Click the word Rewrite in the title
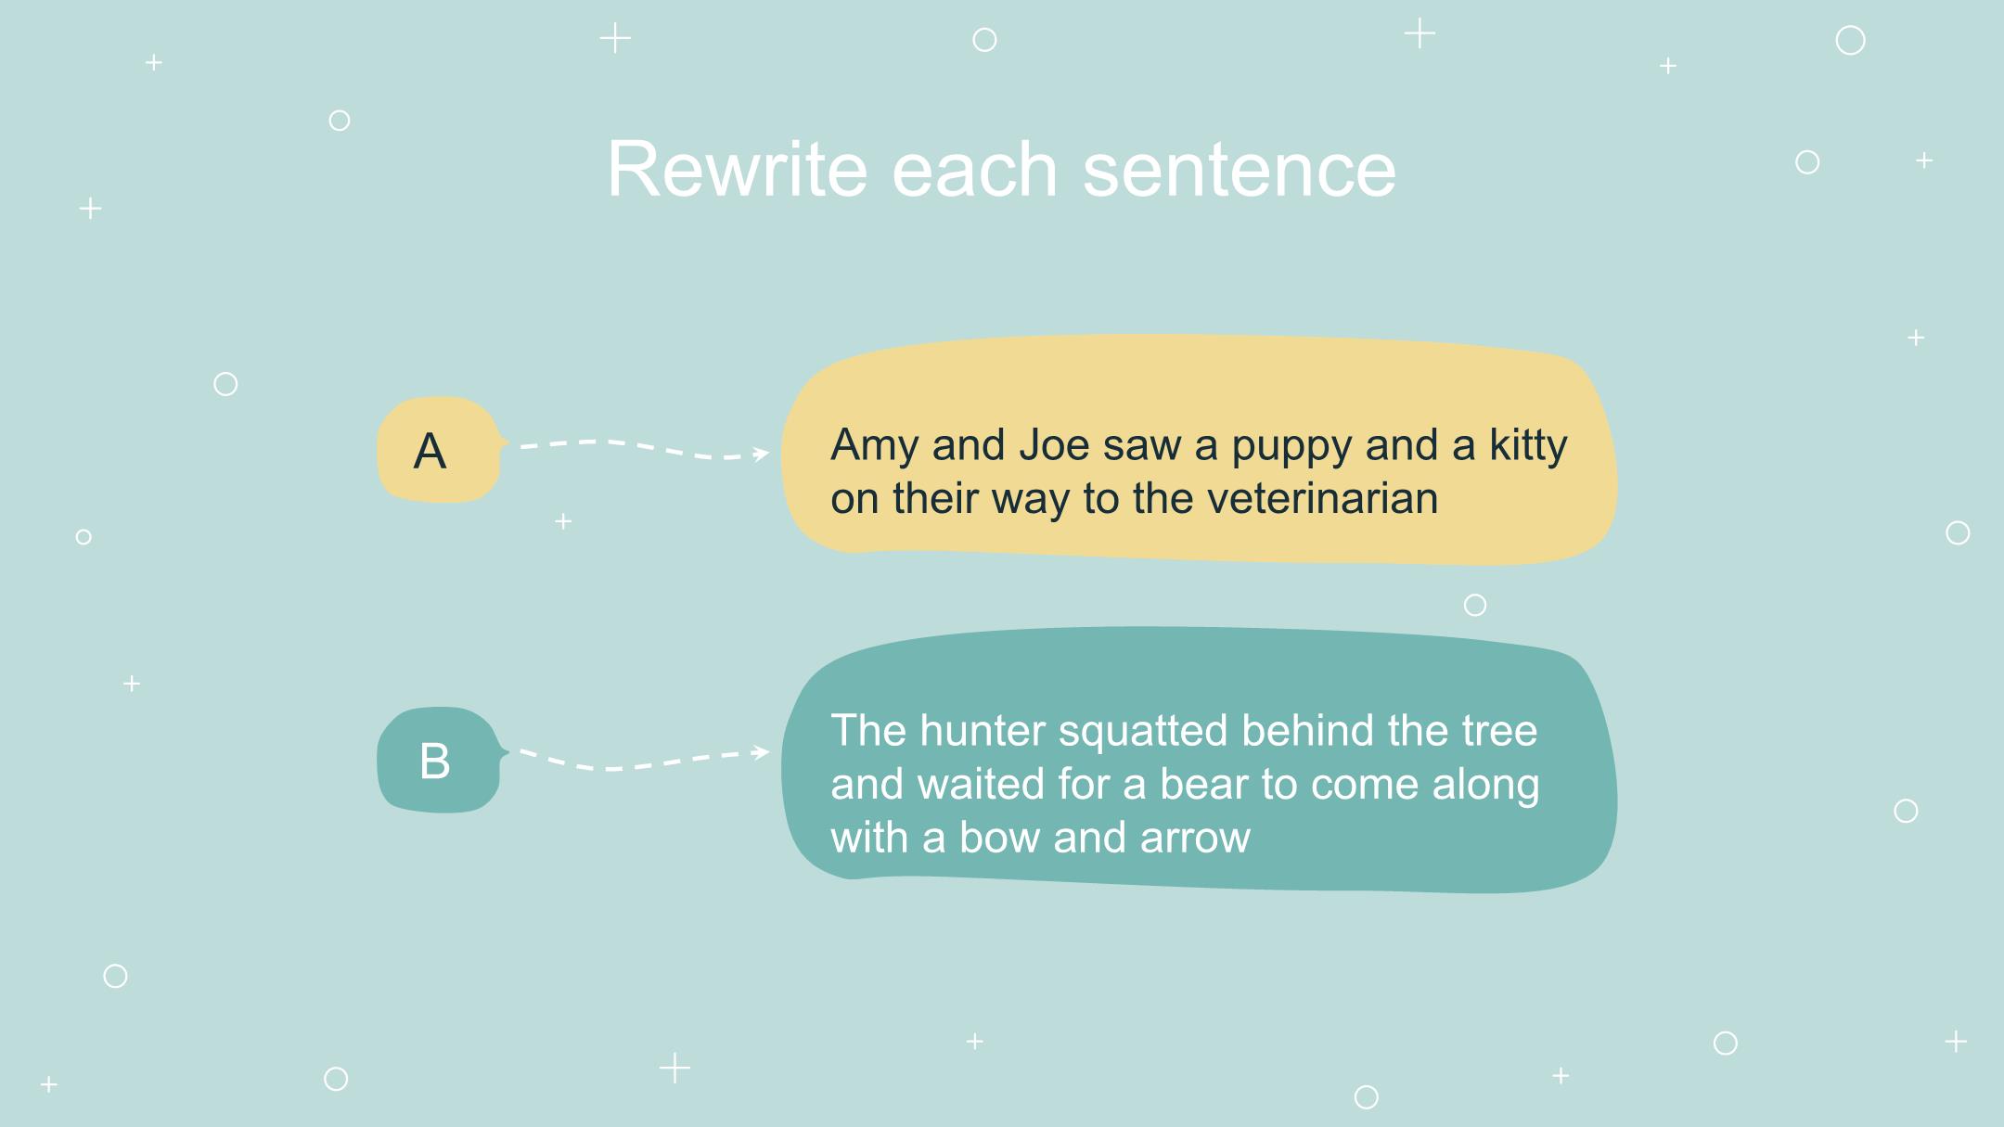pos(738,169)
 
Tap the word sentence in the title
pos(1239,169)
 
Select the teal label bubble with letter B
pos(442,760)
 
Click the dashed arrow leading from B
pos(644,762)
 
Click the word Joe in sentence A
pos(1053,445)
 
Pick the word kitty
pos(1528,447)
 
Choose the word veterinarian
pos(1322,498)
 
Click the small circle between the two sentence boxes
pos(1475,606)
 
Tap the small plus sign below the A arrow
pos(563,521)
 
